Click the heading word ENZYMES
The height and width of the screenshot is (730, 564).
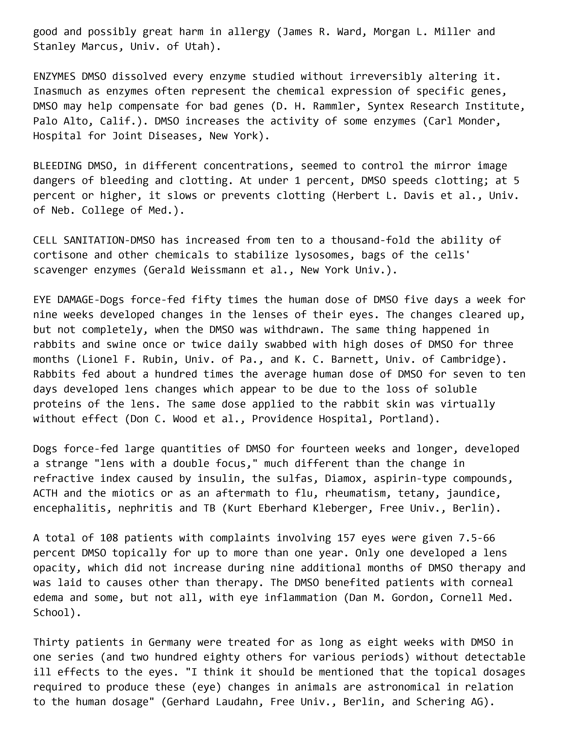[54, 77]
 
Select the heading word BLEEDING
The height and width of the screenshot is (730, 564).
[57, 166]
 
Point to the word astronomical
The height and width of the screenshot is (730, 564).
[404, 687]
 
